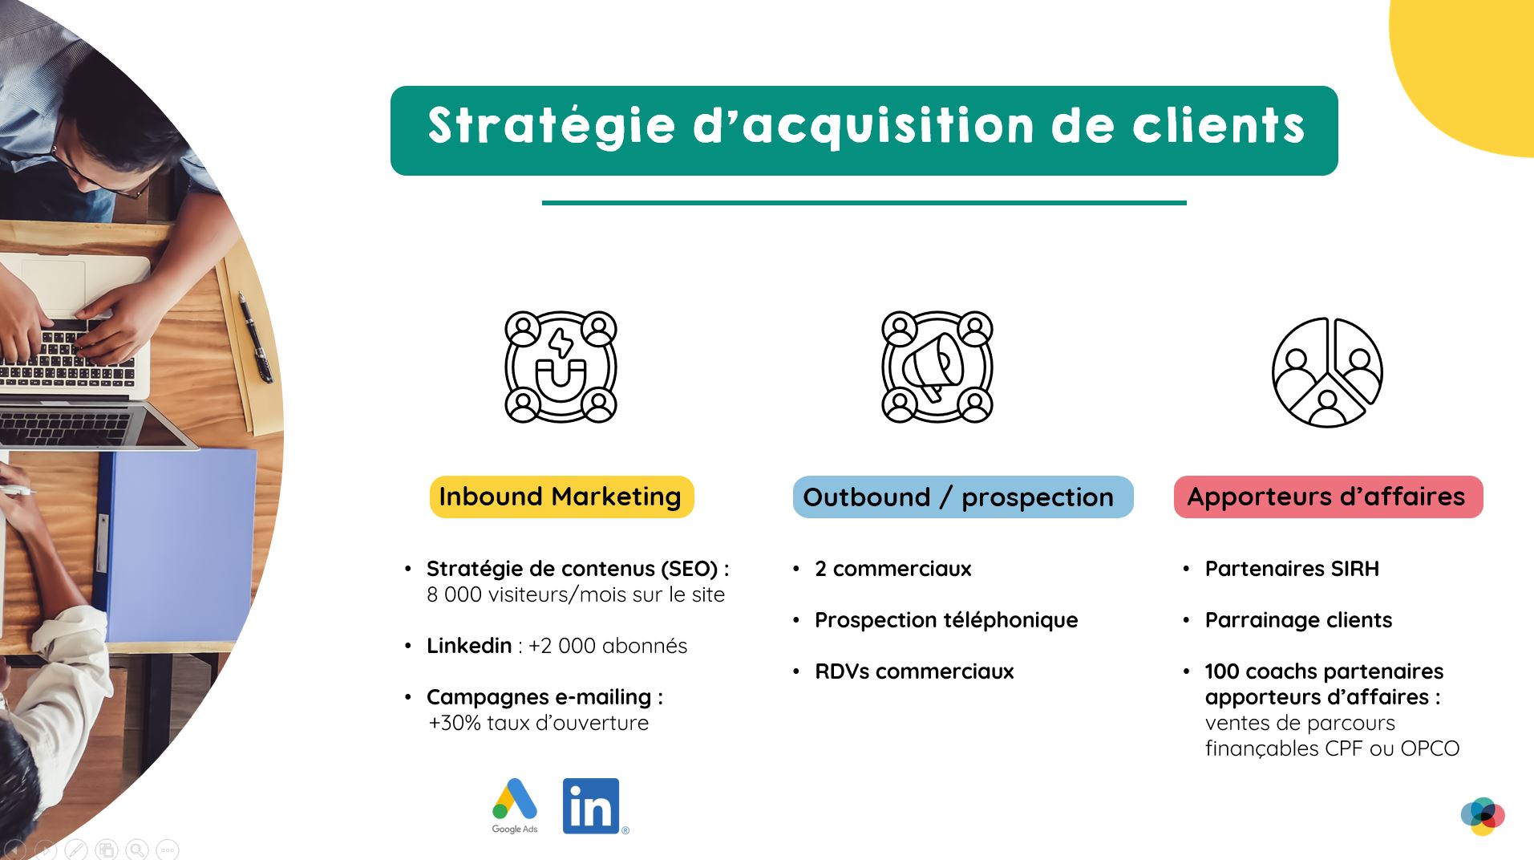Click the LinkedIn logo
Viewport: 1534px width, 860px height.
coord(592,806)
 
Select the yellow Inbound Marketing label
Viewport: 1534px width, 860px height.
coord(561,497)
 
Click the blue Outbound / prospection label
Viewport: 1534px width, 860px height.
coord(962,497)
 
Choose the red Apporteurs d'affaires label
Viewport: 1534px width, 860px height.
coord(1328,497)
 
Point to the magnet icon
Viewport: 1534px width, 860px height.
coord(561,367)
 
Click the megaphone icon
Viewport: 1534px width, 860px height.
coord(937,367)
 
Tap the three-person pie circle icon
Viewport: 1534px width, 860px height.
coord(1328,372)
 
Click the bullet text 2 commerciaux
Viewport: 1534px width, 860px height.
coord(892,569)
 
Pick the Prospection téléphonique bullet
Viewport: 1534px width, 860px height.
coord(946,620)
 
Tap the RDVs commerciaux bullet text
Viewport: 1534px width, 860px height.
coord(914,671)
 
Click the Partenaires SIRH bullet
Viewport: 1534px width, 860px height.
coord(1292,569)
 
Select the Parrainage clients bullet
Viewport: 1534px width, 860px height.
coord(1298,620)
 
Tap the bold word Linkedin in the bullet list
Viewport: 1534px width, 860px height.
coord(469,646)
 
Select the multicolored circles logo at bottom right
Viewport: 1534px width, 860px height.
coord(1483,816)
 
